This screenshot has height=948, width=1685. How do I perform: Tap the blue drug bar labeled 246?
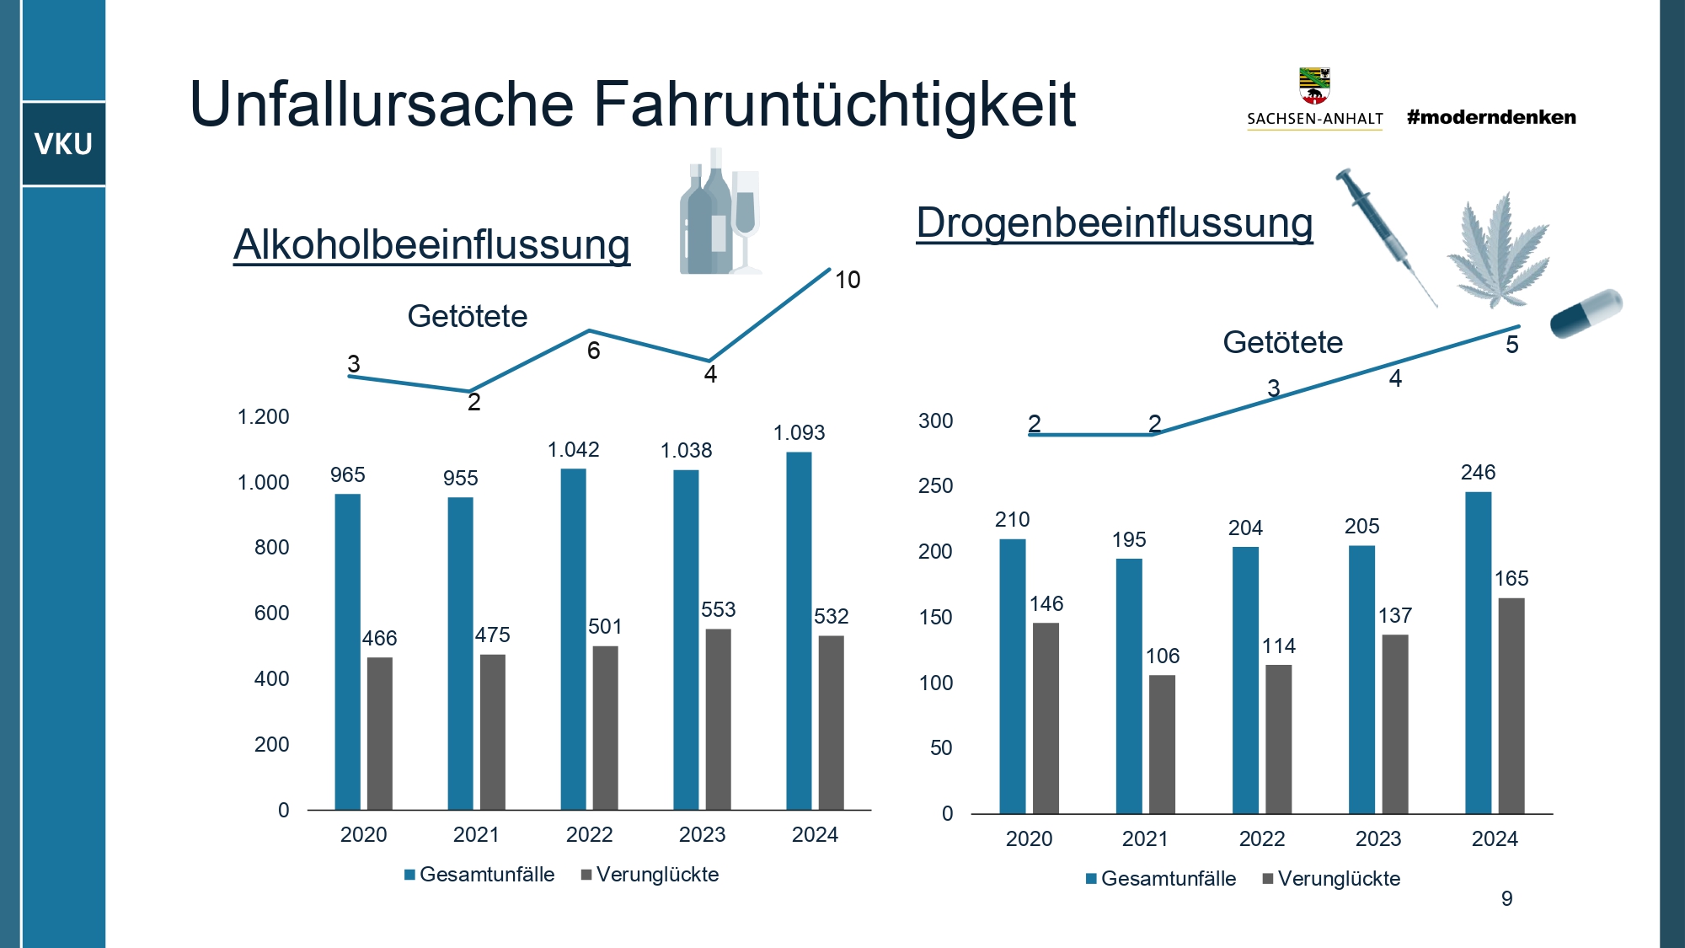pos(1478,652)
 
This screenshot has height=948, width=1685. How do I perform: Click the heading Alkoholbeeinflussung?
pos(431,245)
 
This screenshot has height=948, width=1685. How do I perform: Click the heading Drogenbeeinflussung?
pos(1114,223)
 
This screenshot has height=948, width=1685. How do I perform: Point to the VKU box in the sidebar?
pos(63,144)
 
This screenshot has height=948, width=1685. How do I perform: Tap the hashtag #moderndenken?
pos(1490,117)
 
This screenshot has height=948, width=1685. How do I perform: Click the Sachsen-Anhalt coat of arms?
pos(1314,85)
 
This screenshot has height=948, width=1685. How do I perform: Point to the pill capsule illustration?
pos(1586,313)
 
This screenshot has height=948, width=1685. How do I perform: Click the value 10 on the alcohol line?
pos(848,280)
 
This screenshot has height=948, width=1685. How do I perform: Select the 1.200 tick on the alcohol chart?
pos(263,417)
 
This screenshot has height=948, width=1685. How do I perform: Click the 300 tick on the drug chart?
pos(935,421)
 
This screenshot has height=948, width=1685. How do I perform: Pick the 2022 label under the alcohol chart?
pos(589,835)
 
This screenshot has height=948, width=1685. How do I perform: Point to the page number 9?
pos(1506,899)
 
